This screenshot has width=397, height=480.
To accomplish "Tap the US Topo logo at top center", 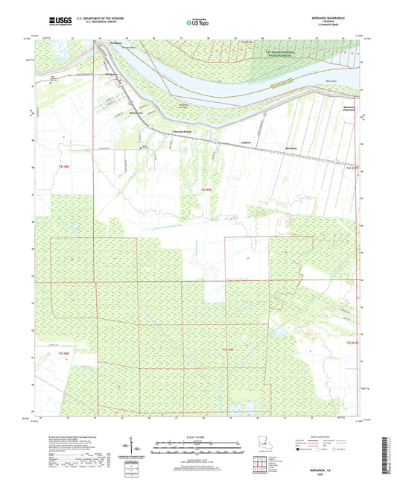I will [x=197, y=22].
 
